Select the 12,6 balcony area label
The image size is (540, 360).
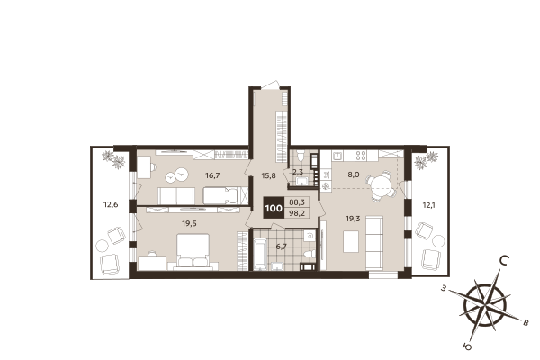pyautogui.click(x=110, y=205)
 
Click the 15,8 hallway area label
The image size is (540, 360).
pyautogui.click(x=269, y=176)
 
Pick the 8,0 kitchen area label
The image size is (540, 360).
pyautogui.click(x=354, y=175)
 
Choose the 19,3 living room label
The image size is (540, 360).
pyautogui.click(x=354, y=218)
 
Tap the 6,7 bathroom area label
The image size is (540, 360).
pyautogui.click(x=281, y=246)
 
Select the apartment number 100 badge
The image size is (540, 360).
pyautogui.click(x=273, y=208)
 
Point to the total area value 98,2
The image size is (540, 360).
pyautogui.click(x=297, y=213)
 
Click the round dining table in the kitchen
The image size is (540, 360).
pyautogui.click(x=382, y=188)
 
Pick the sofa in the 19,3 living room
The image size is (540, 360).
pyautogui.click(x=375, y=238)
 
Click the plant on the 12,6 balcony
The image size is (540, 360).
pyautogui.click(x=115, y=159)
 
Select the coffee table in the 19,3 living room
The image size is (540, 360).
pyautogui.click(x=351, y=241)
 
